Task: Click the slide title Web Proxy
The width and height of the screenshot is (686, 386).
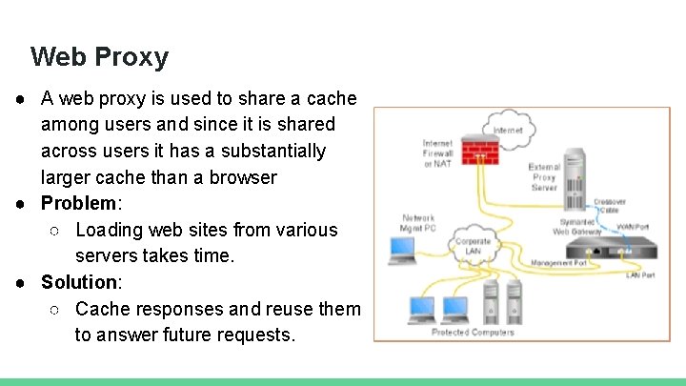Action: [99, 57]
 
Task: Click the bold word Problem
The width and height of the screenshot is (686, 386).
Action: [78, 203]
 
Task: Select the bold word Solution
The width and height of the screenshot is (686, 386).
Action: [78, 282]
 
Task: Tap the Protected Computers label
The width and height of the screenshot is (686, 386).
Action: [473, 332]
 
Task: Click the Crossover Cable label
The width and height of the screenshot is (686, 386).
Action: [609, 205]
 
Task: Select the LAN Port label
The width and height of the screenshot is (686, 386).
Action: [639, 275]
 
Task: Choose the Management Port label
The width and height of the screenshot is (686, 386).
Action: [558, 262]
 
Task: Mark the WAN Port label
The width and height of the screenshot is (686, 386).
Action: [632, 227]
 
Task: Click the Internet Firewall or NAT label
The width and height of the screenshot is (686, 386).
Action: [437, 152]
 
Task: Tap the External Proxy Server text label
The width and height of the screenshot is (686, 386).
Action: [544, 177]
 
